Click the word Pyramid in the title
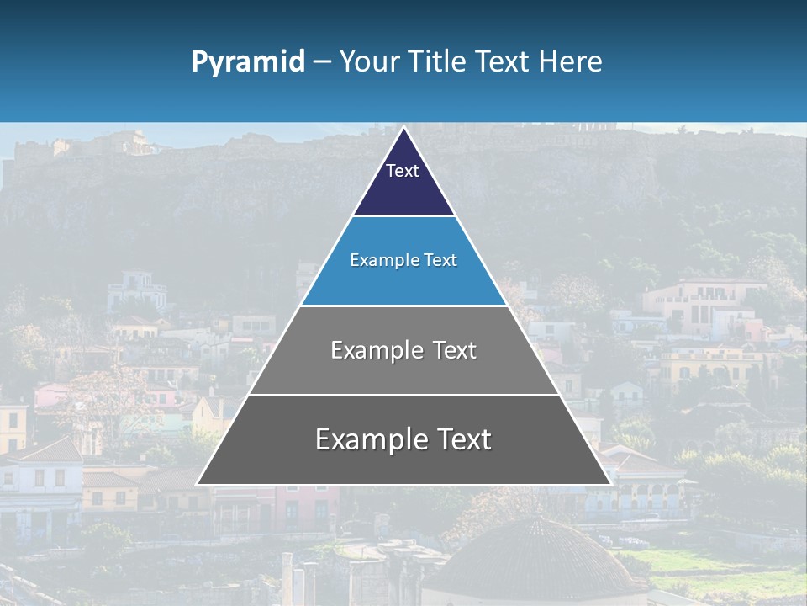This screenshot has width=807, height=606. [247, 62]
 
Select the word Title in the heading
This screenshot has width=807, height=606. [437, 62]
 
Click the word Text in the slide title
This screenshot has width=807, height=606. [504, 62]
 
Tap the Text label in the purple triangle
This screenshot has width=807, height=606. [403, 171]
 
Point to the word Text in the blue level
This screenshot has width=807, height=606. [441, 260]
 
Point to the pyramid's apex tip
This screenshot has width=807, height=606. [403, 129]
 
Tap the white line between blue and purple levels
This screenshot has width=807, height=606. [403, 216]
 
